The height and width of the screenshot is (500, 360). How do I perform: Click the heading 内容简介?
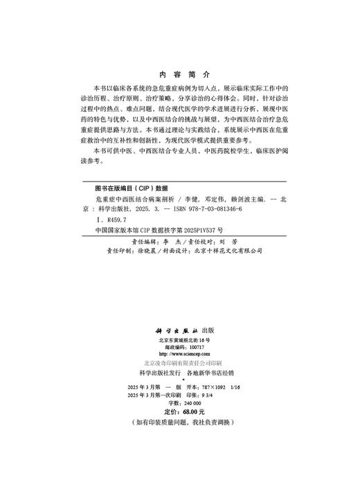coord(179,74)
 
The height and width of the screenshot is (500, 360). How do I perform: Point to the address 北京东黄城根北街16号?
coord(179,343)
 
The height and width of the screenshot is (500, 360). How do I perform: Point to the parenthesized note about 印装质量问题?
coord(179,422)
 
